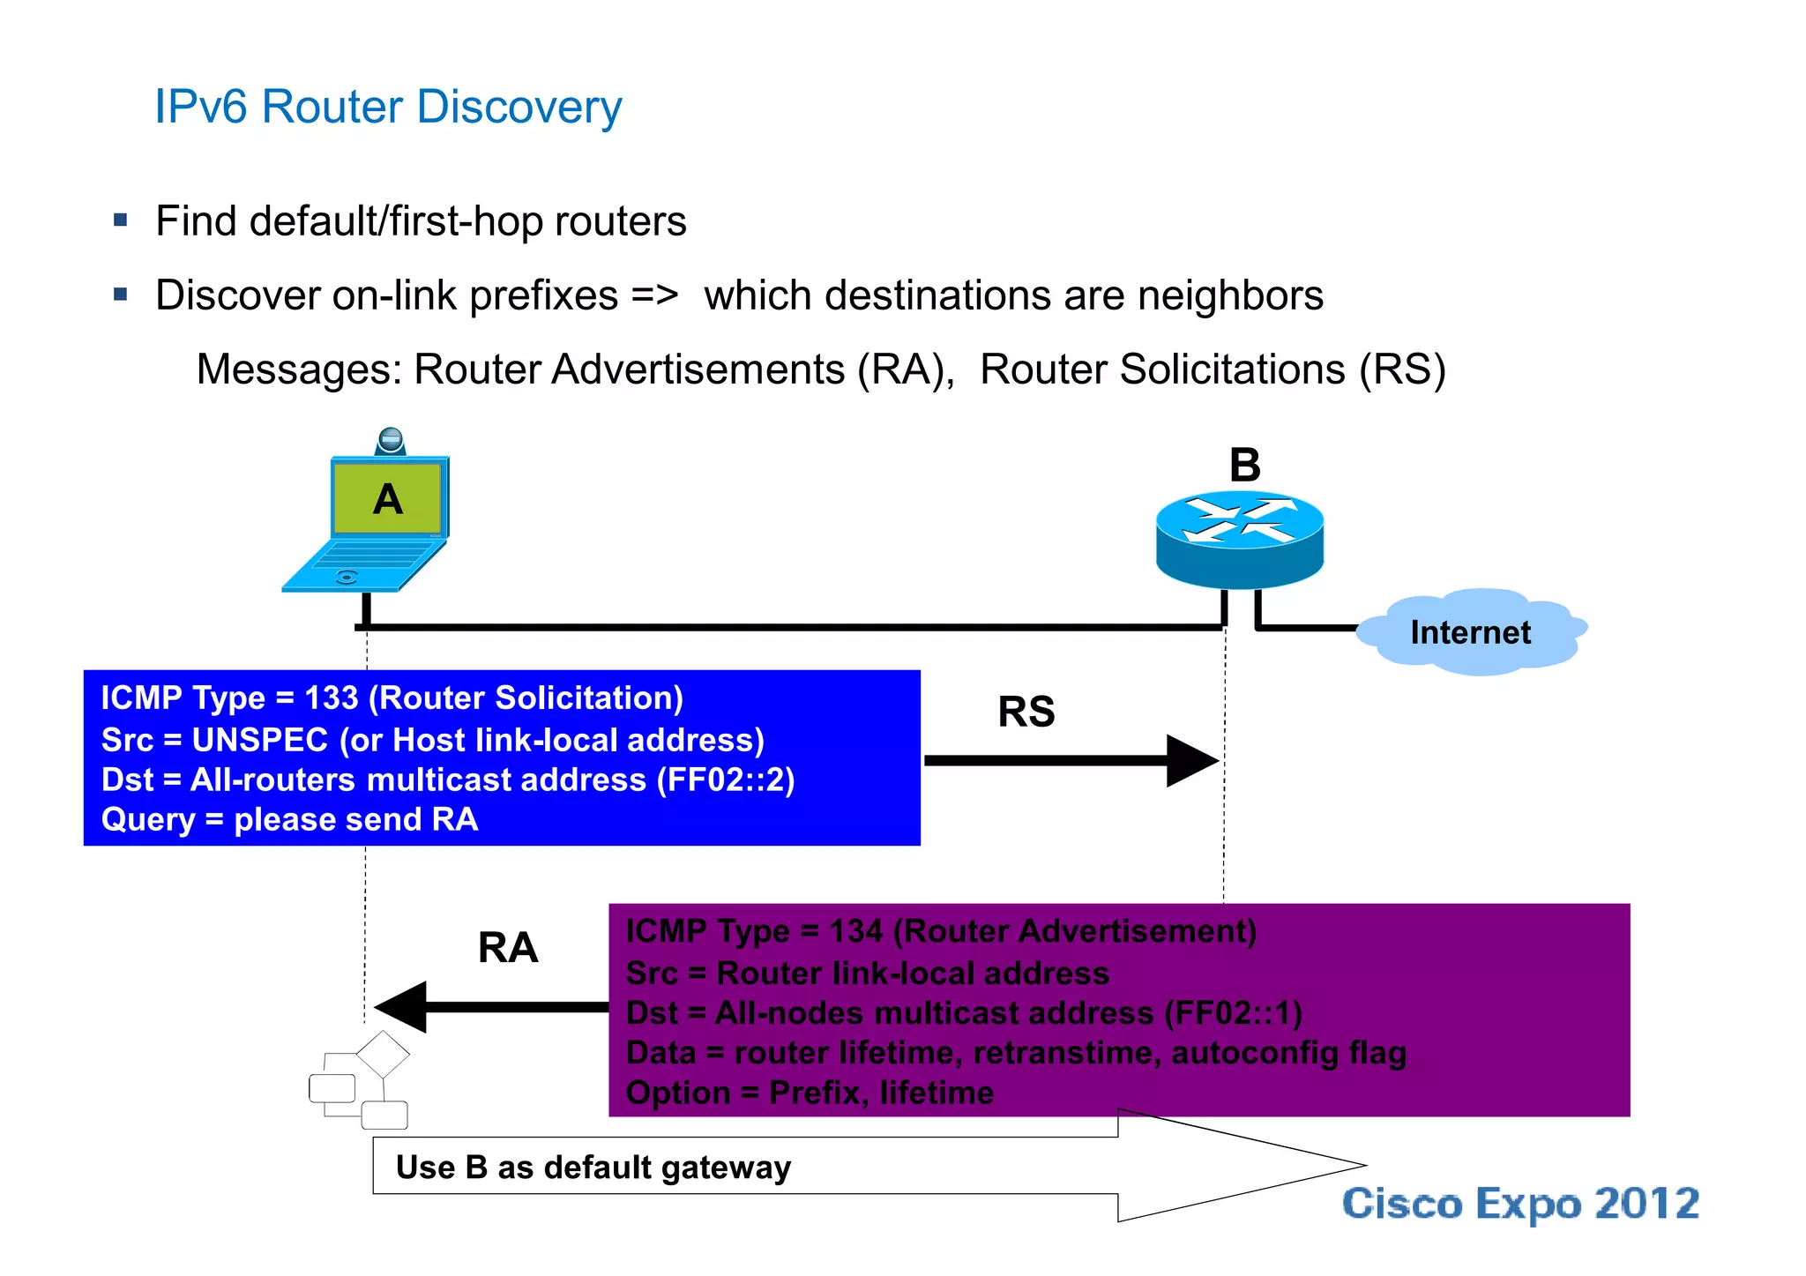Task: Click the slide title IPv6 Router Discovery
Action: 388,108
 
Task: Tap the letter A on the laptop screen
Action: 388,500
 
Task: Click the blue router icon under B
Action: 1240,539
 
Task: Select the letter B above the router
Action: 1245,465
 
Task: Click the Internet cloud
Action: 1470,632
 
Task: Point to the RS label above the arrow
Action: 1026,712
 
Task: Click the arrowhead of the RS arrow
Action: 1192,760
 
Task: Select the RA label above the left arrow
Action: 508,948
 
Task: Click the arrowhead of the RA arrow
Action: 401,1006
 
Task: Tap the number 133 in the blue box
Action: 332,698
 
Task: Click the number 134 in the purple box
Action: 855,931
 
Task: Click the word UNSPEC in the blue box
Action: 260,740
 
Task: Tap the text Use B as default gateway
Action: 593,1168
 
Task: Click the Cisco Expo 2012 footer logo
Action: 1520,1204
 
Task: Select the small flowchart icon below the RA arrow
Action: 360,1081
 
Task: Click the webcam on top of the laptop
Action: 390,441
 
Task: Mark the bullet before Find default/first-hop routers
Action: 121,220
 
